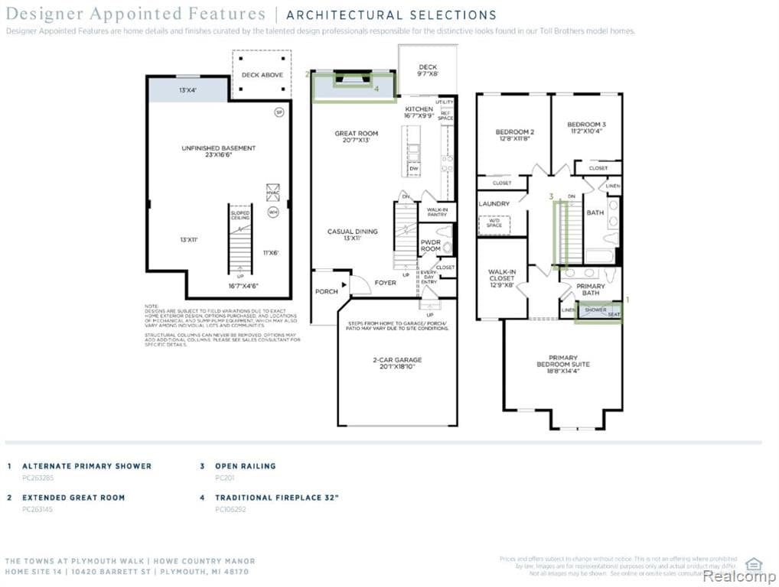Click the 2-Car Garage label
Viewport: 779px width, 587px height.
coord(397,363)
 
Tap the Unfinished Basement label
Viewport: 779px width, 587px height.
coord(218,151)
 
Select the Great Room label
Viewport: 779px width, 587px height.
coord(356,137)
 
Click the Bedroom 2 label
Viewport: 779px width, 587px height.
coord(514,135)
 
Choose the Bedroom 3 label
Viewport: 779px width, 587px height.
coord(586,128)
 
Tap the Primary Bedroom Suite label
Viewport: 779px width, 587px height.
coord(562,365)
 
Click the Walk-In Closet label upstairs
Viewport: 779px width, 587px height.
coord(502,278)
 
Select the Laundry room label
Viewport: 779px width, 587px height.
coord(494,204)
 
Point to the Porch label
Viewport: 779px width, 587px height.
coord(326,292)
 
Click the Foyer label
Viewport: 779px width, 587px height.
coord(385,283)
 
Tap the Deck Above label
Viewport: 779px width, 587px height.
coord(262,75)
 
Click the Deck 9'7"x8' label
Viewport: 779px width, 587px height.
coord(427,71)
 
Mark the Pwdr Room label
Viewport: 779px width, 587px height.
coord(430,245)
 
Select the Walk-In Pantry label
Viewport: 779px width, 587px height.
coord(437,212)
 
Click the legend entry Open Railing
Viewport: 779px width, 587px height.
coord(245,465)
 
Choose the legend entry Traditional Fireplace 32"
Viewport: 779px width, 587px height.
coord(276,498)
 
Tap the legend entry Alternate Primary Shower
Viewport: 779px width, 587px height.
coord(86,465)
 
